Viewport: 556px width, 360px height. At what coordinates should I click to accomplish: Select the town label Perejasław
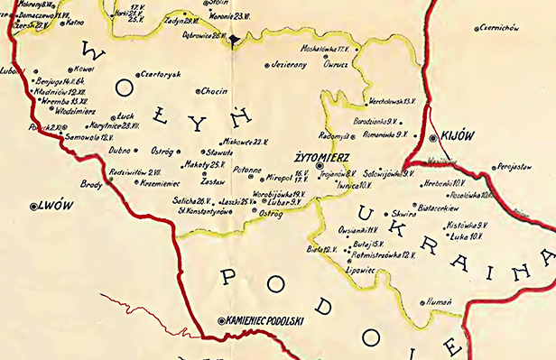518,168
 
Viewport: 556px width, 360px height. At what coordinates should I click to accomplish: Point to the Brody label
92,184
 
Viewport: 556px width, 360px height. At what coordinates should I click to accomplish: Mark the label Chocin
214,90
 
